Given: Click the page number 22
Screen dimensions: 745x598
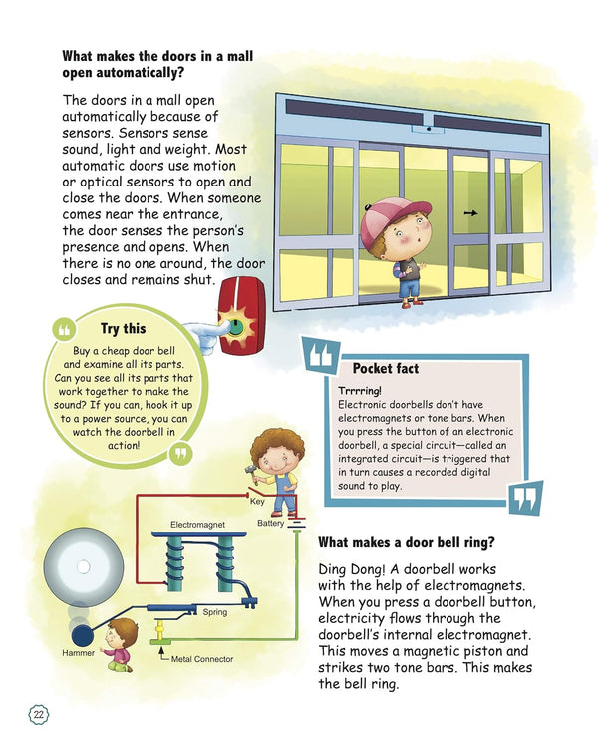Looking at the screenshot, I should click(x=38, y=714).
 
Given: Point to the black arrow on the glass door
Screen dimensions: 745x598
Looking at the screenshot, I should click(x=470, y=212).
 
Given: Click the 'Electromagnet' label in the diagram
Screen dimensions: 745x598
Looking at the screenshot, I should click(x=198, y=523).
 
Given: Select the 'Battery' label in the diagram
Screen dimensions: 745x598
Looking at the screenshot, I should click(x=271, y=522).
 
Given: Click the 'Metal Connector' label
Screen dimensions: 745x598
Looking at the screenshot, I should click(x=202, y=659).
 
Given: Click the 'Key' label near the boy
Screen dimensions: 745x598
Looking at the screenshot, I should click(x=257, y=503).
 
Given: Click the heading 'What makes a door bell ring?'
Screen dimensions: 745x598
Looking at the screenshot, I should click(x=407, y=542).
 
